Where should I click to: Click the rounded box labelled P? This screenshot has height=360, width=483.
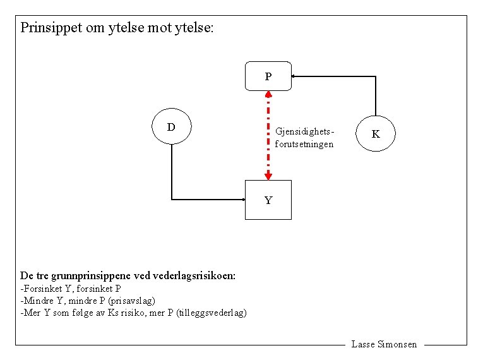[268, 76]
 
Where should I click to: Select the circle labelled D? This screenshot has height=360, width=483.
[171, 127]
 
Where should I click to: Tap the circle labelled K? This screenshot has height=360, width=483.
[376, 134]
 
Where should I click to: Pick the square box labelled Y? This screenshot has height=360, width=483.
[268, 200]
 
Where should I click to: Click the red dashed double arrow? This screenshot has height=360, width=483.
[268, 136]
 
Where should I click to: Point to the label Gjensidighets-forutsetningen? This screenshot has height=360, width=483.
[304, 138]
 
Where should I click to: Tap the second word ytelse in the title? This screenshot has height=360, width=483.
[193, 28]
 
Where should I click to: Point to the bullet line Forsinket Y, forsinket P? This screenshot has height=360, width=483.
[71, 289]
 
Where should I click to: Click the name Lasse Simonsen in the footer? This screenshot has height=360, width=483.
[384, 344]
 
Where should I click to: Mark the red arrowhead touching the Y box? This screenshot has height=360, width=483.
[268, 176]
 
